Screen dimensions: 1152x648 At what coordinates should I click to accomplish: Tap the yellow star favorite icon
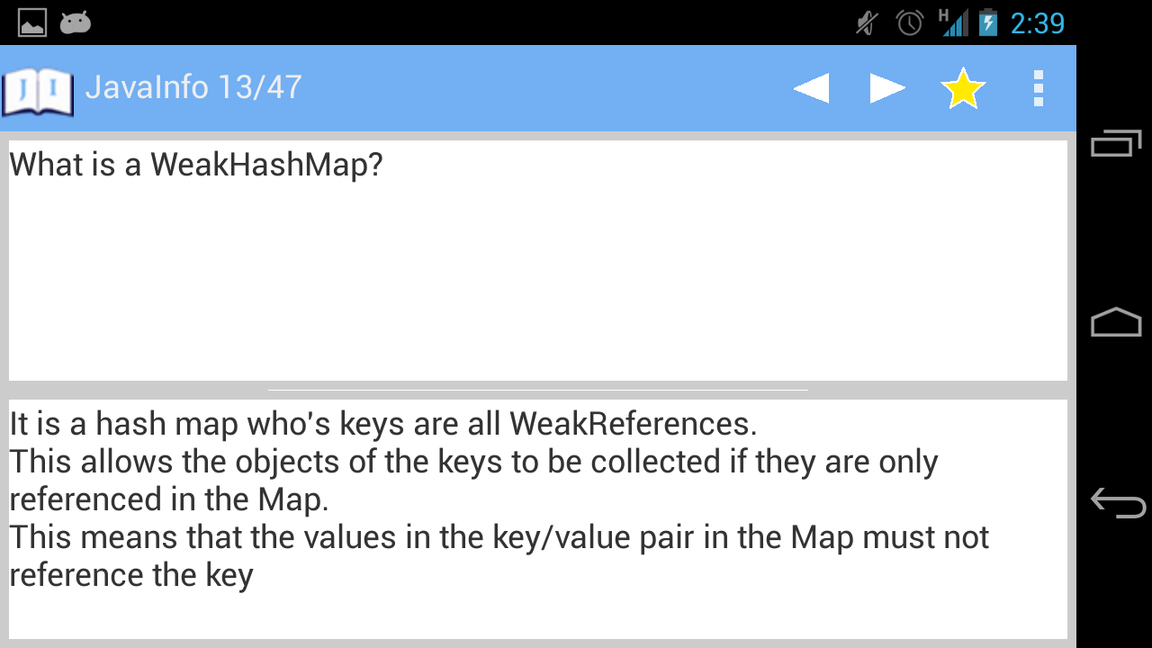963,88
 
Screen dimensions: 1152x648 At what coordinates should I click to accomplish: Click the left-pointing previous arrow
812,88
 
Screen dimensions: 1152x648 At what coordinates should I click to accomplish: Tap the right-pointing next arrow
887,88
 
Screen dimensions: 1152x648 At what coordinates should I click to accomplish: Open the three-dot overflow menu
1039,88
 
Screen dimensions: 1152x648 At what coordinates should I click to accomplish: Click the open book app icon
38,91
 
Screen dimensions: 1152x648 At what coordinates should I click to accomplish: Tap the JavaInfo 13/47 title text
193,87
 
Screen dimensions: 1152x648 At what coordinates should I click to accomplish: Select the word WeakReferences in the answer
633,424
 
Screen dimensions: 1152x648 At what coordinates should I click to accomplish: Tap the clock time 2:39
1038,23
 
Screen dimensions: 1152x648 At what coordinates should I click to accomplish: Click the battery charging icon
988,22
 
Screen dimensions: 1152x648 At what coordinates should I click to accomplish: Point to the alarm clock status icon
909,23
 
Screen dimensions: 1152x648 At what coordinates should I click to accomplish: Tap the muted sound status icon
867,23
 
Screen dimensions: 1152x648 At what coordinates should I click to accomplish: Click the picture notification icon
32,22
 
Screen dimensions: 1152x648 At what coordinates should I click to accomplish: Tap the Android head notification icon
75,22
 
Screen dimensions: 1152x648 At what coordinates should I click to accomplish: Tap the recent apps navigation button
1116,142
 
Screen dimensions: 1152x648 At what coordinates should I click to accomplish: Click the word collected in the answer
655,462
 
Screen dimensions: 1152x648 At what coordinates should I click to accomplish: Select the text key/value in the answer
561,538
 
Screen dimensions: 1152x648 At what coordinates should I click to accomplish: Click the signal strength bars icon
954,23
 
